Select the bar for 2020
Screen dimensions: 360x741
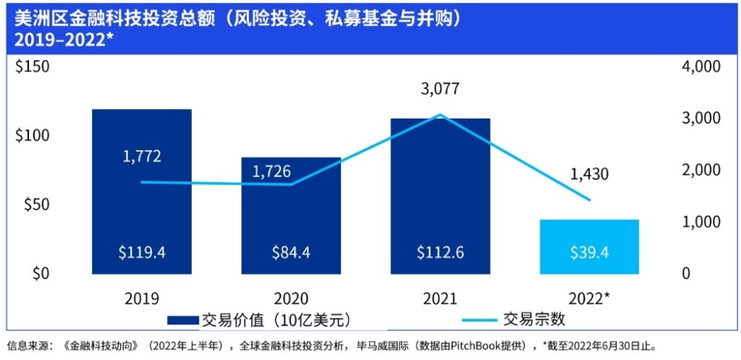[x=291, y=222]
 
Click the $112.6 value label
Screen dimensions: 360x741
[x=440, y=253]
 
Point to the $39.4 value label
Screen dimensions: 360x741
[x=589, y=253]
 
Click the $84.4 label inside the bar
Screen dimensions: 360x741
[x=291, y=253]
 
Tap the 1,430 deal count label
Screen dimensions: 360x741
[x=589, y=174]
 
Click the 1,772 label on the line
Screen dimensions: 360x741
[x=142, y=156]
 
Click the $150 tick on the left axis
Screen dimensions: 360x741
[x=33, y=67]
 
